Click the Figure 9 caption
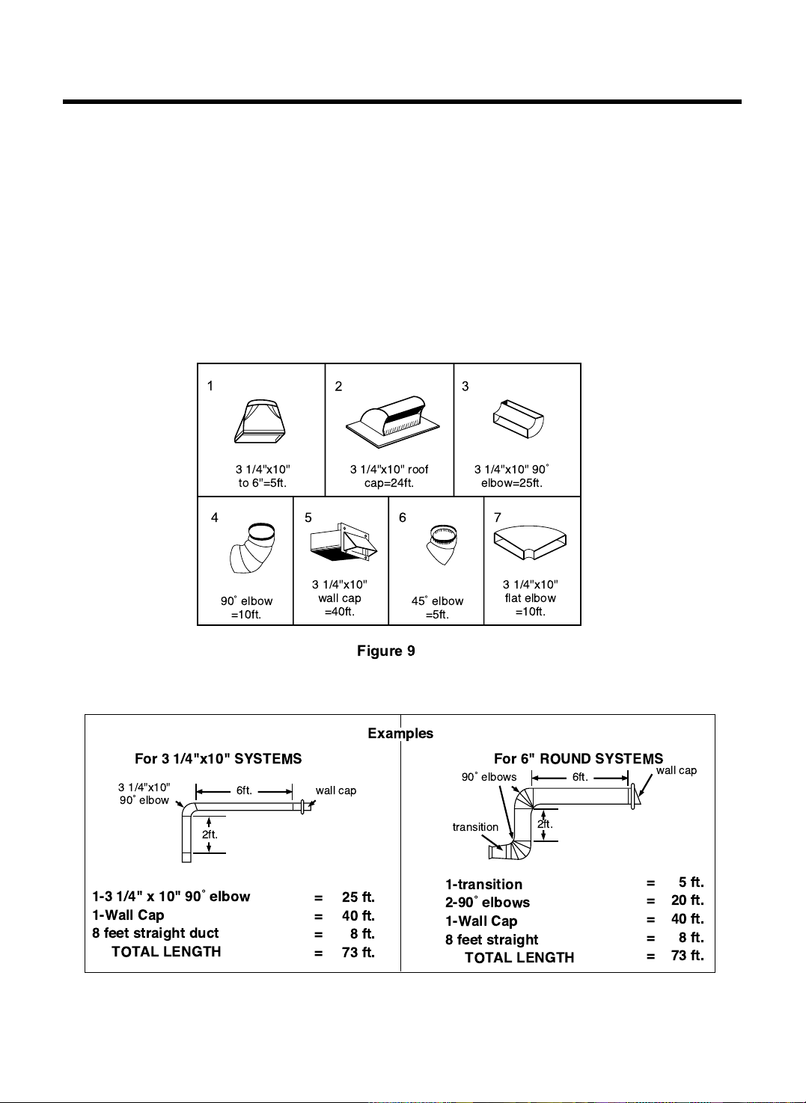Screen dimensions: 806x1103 coord(385,651)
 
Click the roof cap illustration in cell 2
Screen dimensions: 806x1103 coord(393,422)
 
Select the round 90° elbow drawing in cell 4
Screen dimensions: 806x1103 coord(252,548)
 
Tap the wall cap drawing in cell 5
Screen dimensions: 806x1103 coord(344,542)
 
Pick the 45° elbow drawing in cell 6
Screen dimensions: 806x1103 coord(442,544)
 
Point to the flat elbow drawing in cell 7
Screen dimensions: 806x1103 coord(530,542)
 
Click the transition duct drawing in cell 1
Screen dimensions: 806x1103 coord(260,422)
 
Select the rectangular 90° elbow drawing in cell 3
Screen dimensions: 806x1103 coord(519,419)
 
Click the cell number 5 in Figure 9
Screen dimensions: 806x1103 coord(308,517)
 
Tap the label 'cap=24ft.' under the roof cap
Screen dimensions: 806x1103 coord(388,483)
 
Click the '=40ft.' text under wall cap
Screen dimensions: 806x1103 coord(340,612)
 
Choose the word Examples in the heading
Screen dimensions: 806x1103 coord(400,733)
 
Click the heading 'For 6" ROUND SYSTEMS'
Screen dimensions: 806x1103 coord(578,758)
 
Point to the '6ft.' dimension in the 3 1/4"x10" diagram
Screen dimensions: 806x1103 coord(244,790)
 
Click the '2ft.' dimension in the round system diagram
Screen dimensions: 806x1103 coord(545,824)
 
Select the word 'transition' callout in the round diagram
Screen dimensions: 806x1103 coord(475,827)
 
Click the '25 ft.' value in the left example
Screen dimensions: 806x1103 coord(358,897)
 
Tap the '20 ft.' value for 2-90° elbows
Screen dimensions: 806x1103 coord(687,900)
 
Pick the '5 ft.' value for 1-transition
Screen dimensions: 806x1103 coord(691,882)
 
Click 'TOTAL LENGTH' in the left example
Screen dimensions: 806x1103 coord(167,951)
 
